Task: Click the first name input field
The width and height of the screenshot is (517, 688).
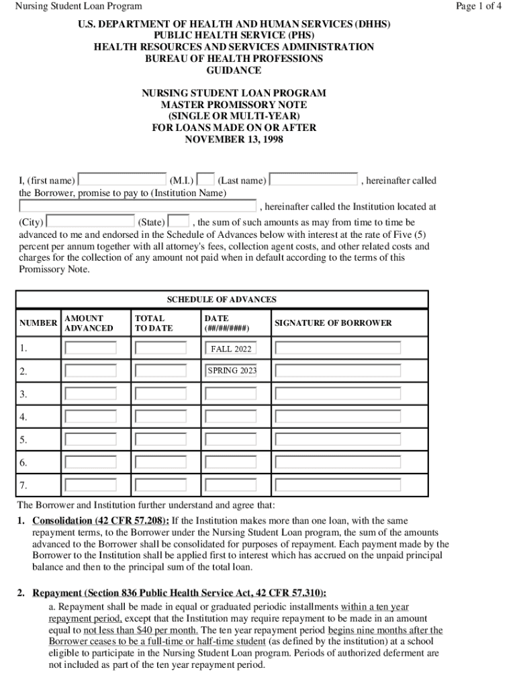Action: pos(122,180)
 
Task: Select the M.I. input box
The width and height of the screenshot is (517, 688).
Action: pos(206,180)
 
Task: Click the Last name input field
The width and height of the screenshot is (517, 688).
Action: pos(314,180)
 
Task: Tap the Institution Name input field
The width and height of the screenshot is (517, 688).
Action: pos(138,206)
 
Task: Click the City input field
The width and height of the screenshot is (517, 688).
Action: pos(91,221)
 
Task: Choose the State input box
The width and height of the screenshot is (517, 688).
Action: pos(178,221)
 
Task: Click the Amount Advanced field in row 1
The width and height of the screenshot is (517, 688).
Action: pos(90,349)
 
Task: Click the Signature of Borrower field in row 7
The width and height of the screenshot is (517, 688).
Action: pos(338,484)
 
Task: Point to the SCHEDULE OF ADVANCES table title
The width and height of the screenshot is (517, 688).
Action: pos(222,300)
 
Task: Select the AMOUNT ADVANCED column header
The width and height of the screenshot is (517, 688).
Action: pos(89,323)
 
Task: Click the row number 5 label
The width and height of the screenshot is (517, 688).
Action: pos(23,440)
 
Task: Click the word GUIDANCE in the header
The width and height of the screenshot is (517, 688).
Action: pos(234,71)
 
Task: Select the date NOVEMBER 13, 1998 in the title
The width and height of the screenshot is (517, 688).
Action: pos(234,140)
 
